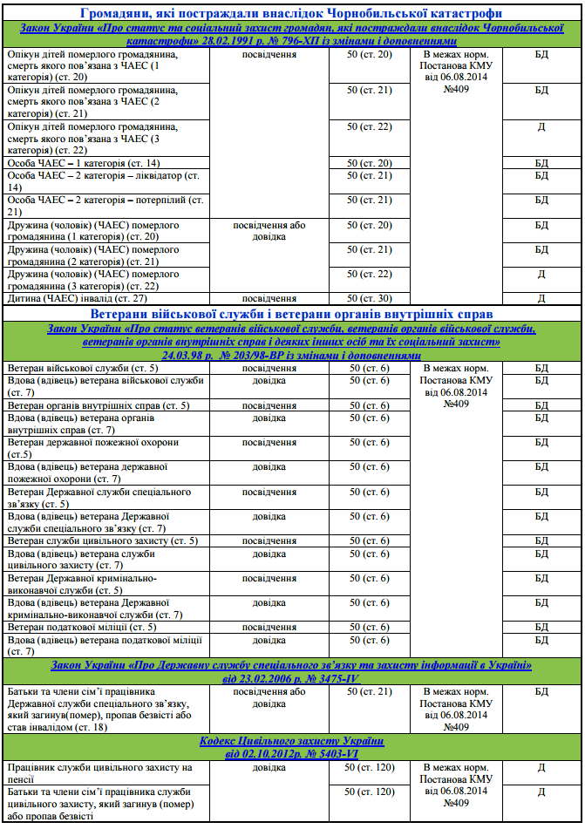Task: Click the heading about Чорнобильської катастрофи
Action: pyautogui.click(x=291, y=13)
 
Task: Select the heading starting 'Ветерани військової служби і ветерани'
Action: pyautogui.click(x=291, y=313)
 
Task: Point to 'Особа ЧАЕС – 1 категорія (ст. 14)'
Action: pyautogui.click(x=83, y=163)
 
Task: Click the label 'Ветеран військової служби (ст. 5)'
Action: pyautogui.click(x=82, y=369)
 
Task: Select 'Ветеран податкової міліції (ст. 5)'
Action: pyautogui.click(x=82, y=627)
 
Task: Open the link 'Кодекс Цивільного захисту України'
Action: pyautogui.click(x=291, y=741)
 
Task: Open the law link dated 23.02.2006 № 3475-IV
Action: pyautogui.click(x=291, y=672)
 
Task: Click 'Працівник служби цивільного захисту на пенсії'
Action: pyautogui.click(x=99, y=773)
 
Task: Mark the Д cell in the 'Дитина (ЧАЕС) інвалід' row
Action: pyautogui.click(x=541, y=297)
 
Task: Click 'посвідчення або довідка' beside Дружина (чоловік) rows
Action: pyautogui.click(x=269, y=230)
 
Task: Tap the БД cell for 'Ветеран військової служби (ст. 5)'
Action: pyautogui.click(x=541, y=369)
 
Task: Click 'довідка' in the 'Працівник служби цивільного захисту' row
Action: pyautogui.click(x=269, y=767)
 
